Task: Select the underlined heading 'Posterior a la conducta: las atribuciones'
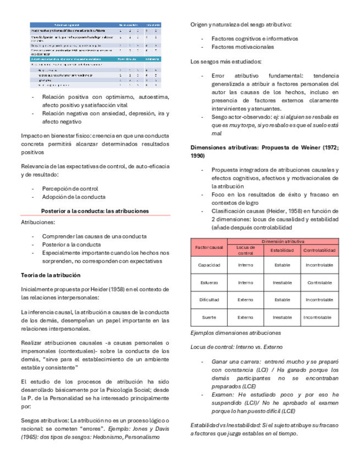click(95, 210)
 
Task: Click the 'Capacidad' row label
click(208, 264)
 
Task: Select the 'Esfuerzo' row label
click(208, 282)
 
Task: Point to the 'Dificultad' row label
click(208, 300)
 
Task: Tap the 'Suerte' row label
click(208, 318)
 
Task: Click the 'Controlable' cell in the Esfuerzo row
click(319, 282)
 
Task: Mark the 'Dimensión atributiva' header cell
click(282, 241)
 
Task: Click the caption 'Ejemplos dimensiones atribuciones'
click(235, 333)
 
